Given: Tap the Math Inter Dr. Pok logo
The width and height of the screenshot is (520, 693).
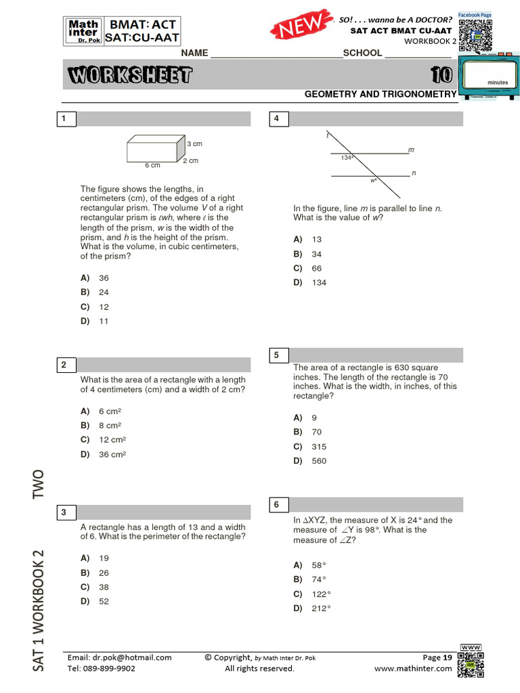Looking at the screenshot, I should [x=84, y=31].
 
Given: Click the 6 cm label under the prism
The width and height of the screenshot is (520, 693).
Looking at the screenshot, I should [x=152, y=165].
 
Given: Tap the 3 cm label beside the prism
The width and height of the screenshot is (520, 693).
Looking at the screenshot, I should [x=194, y=143].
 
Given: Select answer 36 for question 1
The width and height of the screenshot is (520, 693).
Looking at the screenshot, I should [x=104, y=278].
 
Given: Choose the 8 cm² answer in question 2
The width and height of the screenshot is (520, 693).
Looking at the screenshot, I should [x=110, y=426].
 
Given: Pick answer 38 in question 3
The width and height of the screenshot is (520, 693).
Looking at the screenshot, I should [x=104, y=587].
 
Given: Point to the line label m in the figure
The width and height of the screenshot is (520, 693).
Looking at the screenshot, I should [x=411, y=149].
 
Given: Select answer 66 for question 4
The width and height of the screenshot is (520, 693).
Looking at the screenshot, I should [x=317, y=269].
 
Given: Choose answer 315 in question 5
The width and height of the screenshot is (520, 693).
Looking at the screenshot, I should [x=319, y=447].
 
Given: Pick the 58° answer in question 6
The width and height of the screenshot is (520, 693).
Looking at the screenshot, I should [x=319, y=565].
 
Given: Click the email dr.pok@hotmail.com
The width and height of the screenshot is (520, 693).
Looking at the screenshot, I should [x=120, y=657].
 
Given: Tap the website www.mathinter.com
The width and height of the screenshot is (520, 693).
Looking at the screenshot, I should [x=412, y=669].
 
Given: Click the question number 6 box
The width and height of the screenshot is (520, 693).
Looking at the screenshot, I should [x=277, y=505].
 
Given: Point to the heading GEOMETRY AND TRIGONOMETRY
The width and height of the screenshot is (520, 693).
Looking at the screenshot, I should [x=381, y=95].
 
